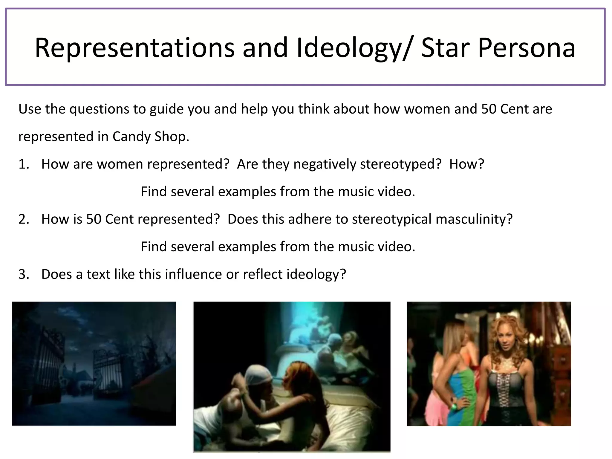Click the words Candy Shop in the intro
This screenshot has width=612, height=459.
tap(151, 137)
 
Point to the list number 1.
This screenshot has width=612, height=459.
tap(24, 164)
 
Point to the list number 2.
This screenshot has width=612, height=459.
tap(24, 219)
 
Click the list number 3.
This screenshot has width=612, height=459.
tap(24, 274)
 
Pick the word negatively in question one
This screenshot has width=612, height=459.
tap(324, 164)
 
